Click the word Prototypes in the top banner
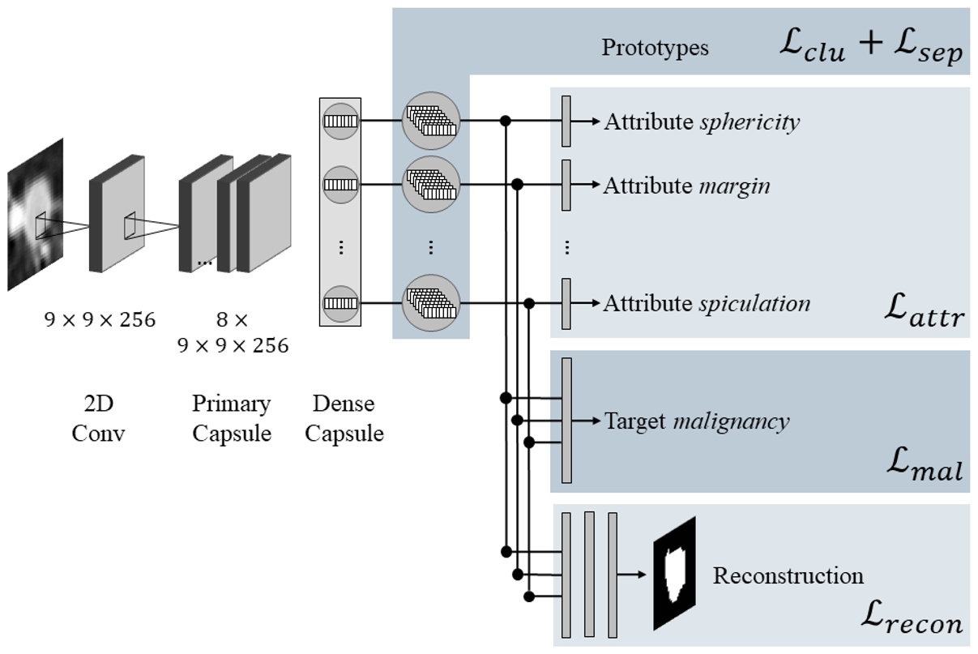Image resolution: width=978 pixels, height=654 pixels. coord(655,48)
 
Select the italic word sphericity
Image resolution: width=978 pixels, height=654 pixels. coord(750,122)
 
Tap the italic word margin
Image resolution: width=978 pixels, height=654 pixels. coord(734,186)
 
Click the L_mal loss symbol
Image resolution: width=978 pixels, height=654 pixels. coord(925,468)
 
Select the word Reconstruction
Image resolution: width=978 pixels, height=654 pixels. coord(788,576)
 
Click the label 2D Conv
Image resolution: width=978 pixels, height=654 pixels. coord(98,418)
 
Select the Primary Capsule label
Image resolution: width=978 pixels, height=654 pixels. coord(231,418)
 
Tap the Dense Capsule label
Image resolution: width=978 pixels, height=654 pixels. coord(344,418)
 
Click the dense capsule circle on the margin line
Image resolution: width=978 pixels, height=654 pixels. coord(340,185)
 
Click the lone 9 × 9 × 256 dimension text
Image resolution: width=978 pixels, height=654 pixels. coord(99,320)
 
